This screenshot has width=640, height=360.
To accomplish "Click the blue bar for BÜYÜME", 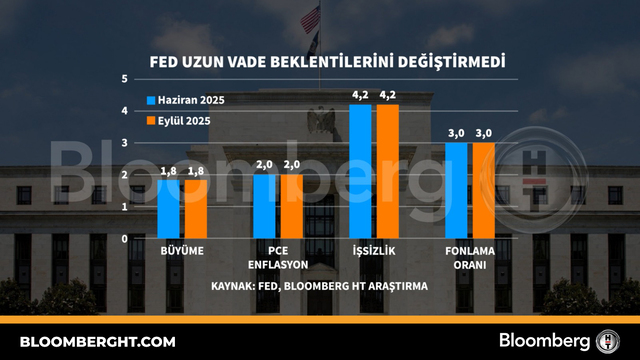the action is click(168, 209).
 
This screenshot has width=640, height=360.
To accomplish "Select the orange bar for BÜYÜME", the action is click(196, 209).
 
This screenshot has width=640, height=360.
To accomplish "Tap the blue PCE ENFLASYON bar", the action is click(264, 207).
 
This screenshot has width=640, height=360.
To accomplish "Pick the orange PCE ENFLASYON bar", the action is click(292, 207).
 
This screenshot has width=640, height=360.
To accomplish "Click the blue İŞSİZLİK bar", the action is click(360, 171).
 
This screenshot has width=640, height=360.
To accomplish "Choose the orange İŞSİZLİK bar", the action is click(388, 171).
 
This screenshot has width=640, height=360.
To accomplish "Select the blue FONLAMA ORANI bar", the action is click(456, 191).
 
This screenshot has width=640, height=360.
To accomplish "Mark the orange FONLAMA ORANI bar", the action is click(484, 191).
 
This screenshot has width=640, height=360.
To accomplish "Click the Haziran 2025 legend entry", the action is click(186, 100).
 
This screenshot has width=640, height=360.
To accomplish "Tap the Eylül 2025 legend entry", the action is click(179, 121).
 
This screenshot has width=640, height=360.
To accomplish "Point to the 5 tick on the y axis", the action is click(124, 79).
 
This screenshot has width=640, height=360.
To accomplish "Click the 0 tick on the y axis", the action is click(124, 239).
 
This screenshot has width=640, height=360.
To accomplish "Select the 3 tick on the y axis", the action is click(124, 143).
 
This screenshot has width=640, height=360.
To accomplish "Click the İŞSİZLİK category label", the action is click(374, 251).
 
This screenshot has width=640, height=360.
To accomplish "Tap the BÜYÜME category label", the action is click(182, 251).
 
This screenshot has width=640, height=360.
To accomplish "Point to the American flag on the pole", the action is click(310, 19).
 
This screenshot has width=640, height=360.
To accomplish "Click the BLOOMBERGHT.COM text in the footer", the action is click(98, 342).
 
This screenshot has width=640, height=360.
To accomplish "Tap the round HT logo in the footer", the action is click(608, 341).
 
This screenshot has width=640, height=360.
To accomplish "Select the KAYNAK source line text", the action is click(320, 286).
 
